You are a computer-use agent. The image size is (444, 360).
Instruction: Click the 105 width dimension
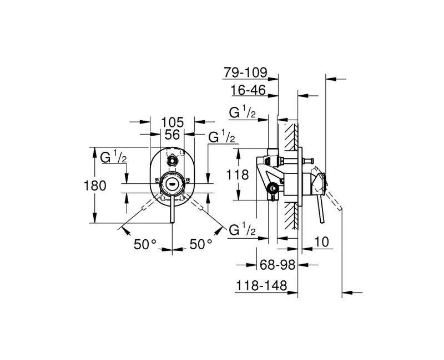173,122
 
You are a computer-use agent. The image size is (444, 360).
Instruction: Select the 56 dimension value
173,135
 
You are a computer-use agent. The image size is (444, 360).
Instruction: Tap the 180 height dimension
95,186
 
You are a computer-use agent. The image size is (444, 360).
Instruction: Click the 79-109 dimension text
246,73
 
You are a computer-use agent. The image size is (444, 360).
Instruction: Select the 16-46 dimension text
248,90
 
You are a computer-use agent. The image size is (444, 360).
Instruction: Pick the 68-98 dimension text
277,266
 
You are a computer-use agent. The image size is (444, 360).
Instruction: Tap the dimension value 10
320,242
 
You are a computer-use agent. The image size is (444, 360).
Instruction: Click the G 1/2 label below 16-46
243,112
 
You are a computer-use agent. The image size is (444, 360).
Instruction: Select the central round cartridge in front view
173,183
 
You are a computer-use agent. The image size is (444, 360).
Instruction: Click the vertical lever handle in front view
173,210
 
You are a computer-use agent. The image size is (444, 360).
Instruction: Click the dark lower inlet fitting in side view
273,190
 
